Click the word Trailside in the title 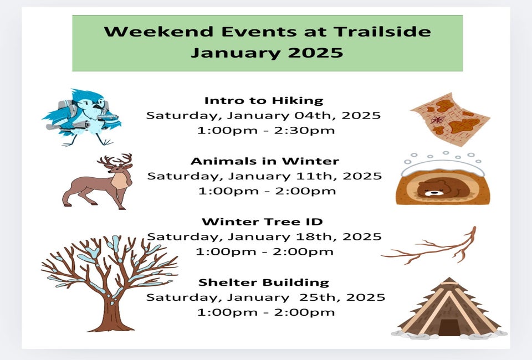click(x=382, y=32)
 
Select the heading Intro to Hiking click(x=264, y=101)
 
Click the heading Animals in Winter click(x=265, y=161)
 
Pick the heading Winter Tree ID click(x=262, y=222)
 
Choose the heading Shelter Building click(x=264, y=282)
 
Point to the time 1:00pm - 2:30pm click(x=266, y=130)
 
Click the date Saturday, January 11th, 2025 click(x=265, y=176)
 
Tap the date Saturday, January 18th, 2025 click(x=264, y=236)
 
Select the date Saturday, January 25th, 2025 click(x=265, y=297)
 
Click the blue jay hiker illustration click(x=81, y=117)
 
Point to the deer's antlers click(x=115, y=160)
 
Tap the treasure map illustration click(x=450, y=119)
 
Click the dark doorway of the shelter click(x=449, y=327)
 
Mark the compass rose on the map click(x=438, y=119)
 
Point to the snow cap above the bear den click(x=443, y=167)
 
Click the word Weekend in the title click(x=158, y=32)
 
